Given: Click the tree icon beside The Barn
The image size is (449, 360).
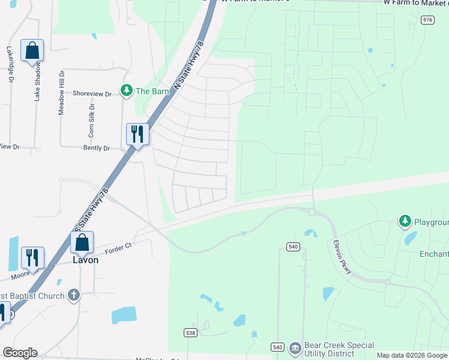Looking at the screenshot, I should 126,91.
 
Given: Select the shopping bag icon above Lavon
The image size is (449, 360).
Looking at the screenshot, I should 82,242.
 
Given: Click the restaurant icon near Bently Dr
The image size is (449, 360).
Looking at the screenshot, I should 137,134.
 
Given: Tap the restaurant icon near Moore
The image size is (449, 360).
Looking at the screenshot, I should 32,257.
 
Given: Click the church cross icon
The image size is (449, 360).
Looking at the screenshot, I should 73,295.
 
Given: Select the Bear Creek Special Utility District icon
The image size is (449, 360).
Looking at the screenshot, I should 295,348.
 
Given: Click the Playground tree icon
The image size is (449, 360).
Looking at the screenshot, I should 405,222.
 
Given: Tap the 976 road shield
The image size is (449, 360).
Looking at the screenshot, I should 427,20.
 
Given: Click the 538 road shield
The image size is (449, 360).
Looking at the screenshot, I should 190,332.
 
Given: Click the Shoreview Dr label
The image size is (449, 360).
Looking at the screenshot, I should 92,94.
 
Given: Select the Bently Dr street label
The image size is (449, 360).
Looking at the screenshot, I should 98,148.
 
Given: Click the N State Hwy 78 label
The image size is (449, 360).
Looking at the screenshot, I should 189,66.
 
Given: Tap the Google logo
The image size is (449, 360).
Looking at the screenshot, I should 20,353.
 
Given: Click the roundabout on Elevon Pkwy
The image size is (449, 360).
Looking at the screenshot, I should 312,212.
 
